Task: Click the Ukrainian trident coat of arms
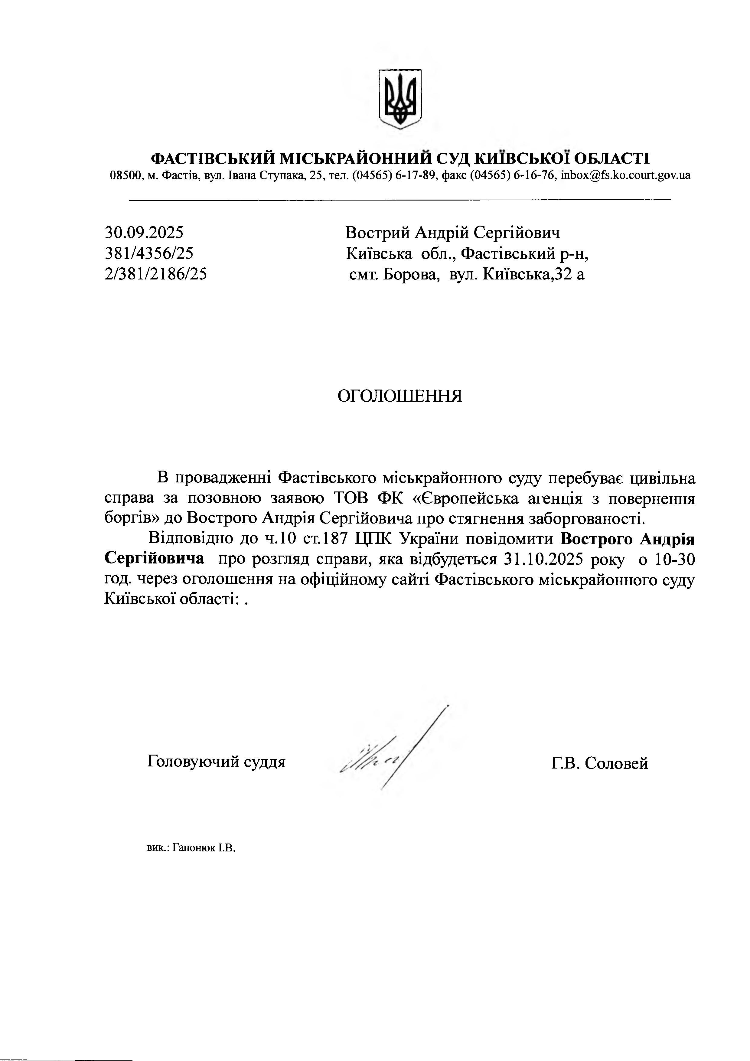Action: click(x=400, y=99)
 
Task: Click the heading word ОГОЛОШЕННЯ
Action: click(x=400, y=396)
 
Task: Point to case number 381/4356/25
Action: click(x=149, y=253)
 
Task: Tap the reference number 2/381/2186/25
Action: click(x=156, y=275)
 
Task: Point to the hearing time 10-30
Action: click(x=675, y=560)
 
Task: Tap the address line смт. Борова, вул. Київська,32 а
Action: click(x=467, y=275)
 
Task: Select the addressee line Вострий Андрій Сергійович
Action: click(x=452, y=233)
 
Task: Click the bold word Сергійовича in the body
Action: click(x=154, y=558)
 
